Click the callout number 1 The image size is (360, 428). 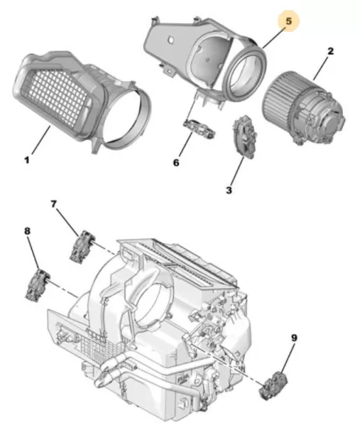click(x=26, y=160)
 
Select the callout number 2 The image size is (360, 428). click(x=330, y=51)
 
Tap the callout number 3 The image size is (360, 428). click(x=229, y=190)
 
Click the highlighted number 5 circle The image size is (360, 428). click(x=288, y=22)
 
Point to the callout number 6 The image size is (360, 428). click(x=176, y=163)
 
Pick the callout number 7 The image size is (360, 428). click(x=54, y=204)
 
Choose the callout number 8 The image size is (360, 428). click(x=27, y=231)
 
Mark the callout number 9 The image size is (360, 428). click(x=294, y=338)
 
